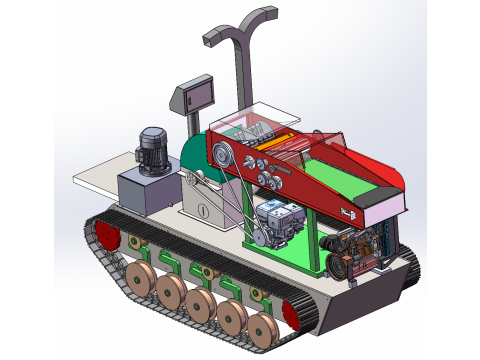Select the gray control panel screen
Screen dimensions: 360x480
coord(194,96)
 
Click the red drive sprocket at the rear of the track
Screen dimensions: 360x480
coord(106,240)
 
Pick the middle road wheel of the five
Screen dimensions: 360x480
coord(201,304)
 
